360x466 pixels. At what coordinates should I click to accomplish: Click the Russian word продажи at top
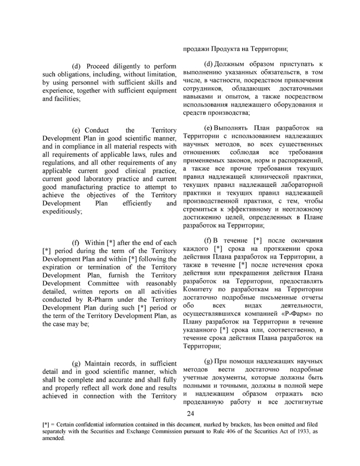click(x=198, y=49)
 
